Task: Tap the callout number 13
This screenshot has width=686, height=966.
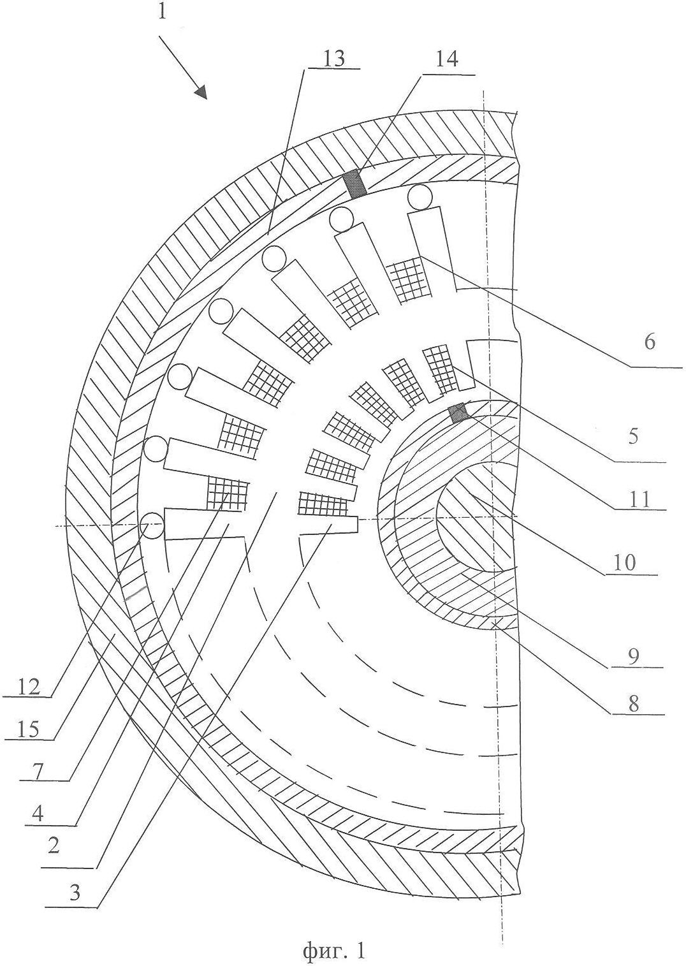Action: [x=334, y=59]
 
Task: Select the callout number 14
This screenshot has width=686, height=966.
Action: [x=447, y=59]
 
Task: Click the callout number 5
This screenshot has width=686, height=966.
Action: [x=632, y=436]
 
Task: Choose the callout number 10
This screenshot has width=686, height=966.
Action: [x=624, y=563]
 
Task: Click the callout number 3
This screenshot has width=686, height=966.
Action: [x=75, y=901]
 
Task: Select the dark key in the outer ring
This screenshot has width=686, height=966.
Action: [x=355, y=184]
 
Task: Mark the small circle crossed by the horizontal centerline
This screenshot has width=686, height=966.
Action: [x=152, y=525]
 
